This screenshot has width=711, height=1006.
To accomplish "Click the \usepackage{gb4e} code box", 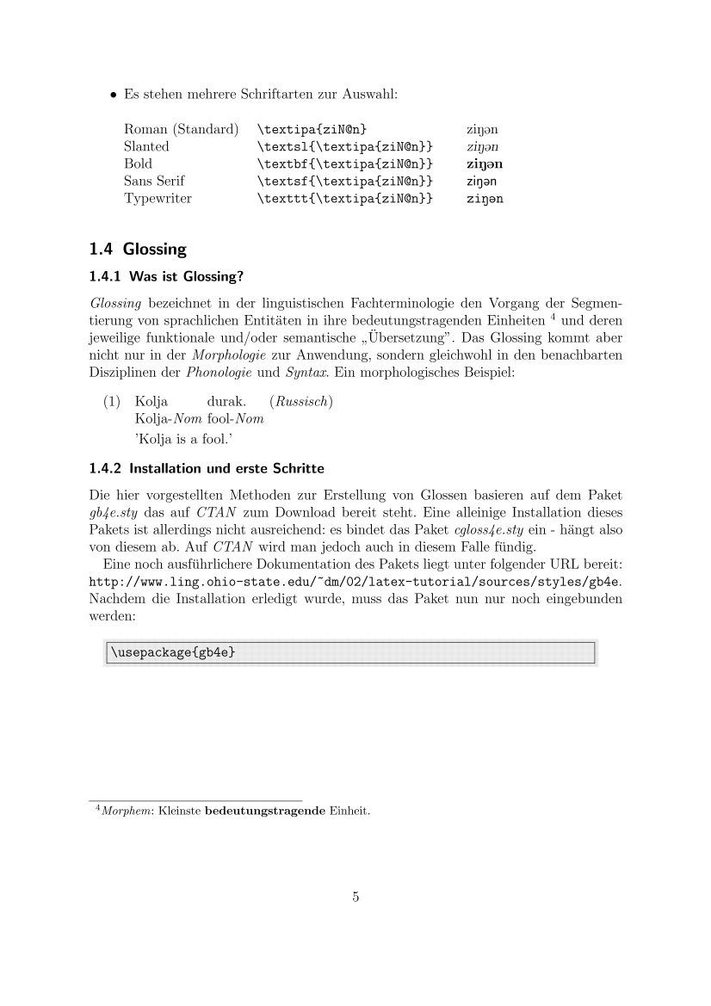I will (x=349, y=652).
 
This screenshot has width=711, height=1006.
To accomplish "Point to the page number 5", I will (x=355, y=897).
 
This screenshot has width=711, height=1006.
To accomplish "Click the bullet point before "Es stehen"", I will (x=112, y=95).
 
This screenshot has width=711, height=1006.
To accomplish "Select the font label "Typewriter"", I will (x=158, y=198).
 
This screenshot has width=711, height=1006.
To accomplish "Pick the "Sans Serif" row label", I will (x=154, y=181).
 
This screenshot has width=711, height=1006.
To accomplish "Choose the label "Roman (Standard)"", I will (x=181, y=129).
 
